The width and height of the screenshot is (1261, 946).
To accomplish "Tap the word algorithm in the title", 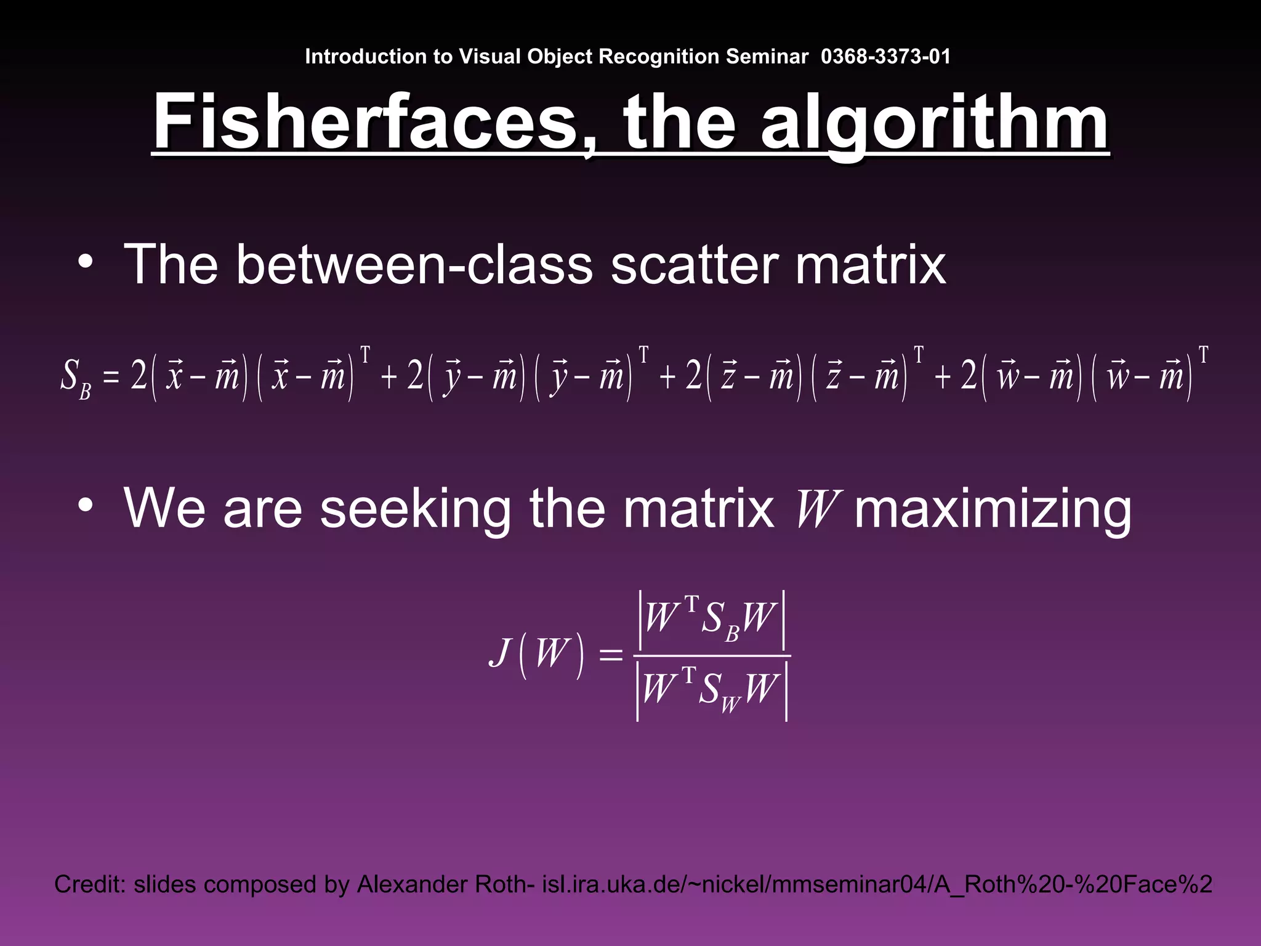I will [x=934, y=123].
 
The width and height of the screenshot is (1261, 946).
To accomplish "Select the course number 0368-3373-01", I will [x=885, y=57].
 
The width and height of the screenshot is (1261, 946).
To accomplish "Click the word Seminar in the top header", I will [x=767, y=57].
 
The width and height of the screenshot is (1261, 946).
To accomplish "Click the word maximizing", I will [x=993, y=509].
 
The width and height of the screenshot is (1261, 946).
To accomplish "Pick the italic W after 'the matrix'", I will [x=814, y=509].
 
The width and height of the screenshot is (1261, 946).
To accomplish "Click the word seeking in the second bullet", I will [x=415, y=509].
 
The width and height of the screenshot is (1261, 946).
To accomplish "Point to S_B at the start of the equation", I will [x=75, y=378].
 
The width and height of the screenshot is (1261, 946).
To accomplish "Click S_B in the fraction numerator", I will [x=719, y=620].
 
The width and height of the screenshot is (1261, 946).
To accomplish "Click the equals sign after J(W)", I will [x=611, y=655].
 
